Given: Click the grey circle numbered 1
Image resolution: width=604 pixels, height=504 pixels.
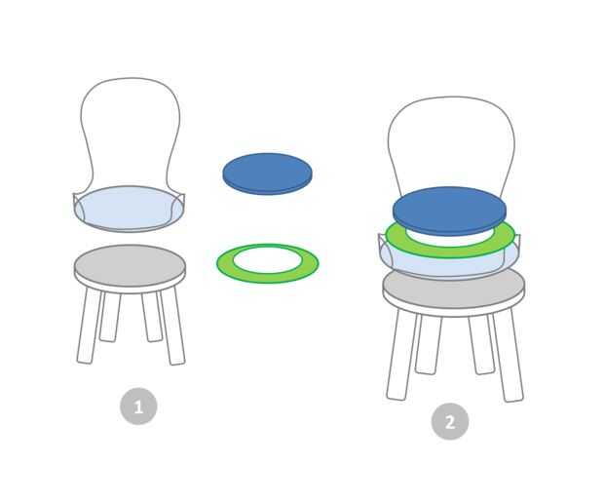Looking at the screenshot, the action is (x=138, y=407).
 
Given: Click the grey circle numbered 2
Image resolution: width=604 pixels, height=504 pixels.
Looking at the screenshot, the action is (x=450, y=421).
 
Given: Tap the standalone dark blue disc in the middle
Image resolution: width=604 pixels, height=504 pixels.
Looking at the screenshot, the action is (x=267, y=174).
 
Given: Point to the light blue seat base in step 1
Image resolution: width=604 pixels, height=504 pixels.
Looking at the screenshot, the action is (x=129, y=209).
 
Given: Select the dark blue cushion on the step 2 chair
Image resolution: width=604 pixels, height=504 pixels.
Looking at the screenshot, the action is (x=449, y=210).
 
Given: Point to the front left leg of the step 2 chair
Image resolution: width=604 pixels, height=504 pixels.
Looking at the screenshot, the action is (x=400, y=355).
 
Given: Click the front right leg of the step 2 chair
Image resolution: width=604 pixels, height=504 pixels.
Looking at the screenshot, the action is (x=509, y=355).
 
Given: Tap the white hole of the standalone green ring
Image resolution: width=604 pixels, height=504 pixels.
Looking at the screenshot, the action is (x=267, y=259).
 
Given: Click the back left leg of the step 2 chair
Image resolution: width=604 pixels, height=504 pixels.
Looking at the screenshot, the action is (x=428, y=345).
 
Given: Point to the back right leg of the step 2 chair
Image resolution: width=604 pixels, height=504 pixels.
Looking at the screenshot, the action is (x=481, y=345).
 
